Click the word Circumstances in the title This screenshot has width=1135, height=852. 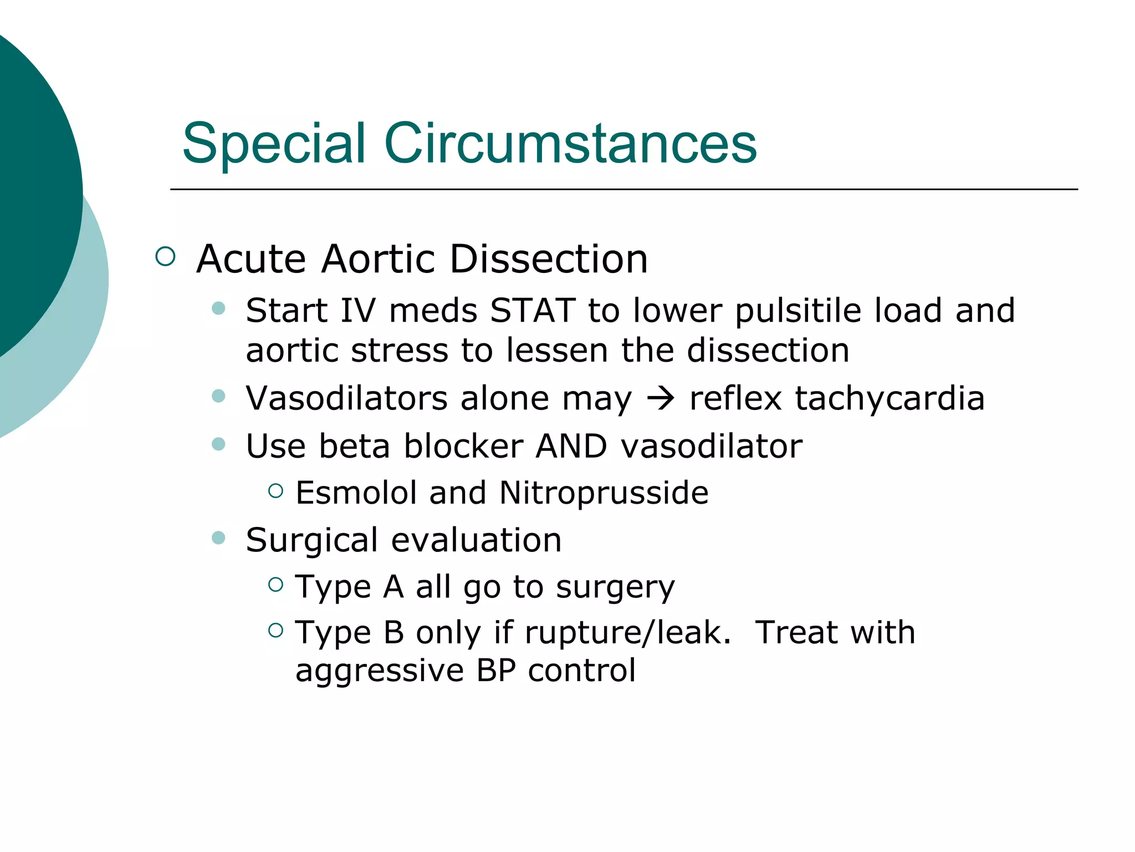coord(570,144)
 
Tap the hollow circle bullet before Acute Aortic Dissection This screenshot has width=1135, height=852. coord(165,256)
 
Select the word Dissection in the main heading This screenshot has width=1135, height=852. coord(549,259)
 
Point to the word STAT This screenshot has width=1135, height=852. coord(533,310)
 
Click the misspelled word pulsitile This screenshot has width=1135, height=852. coord(798,311)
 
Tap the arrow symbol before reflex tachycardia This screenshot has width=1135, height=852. coord(661,398)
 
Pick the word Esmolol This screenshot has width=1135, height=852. coord(356,493)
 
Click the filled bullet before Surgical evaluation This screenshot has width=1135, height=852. coord(219,537)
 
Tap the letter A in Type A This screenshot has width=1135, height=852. coord(393,587)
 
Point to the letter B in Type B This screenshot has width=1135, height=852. coord(393,633)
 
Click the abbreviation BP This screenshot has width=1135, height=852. coord(496,671)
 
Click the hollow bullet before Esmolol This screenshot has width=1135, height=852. coord(275,490)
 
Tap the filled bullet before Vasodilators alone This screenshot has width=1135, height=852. coord(219,396)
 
